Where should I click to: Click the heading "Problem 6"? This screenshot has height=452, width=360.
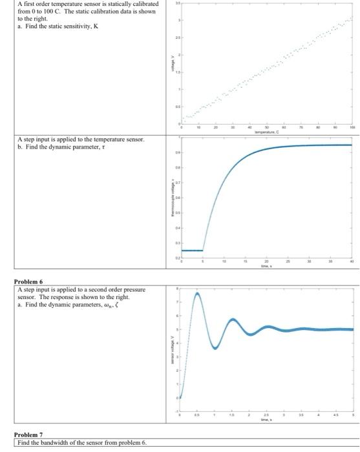pyautogui.click(x=28, y=282)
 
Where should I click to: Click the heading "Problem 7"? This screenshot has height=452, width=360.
pyautogui.click(x=28, y=435)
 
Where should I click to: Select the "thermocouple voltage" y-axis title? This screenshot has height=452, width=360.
pyautogui.click(x=171, y=200)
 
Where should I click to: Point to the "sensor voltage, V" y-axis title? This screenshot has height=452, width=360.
pyautogui.click(x=171, y=353)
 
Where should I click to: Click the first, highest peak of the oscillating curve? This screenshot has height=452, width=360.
pyautogui.click(x=196, y=294)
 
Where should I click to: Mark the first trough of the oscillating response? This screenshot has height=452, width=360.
pyautogui.click(x=215, y=348)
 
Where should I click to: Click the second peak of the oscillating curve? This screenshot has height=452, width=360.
pyautogui.click(x=233, y=320)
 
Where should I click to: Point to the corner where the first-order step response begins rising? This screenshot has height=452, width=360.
pyautogui.click(x=203, y=250)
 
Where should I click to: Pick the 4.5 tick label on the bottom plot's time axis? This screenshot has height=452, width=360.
pyautogui.click(x=334, y=418)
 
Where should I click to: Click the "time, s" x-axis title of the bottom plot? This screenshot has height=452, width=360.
pyautogui.click(x=266, y=421)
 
